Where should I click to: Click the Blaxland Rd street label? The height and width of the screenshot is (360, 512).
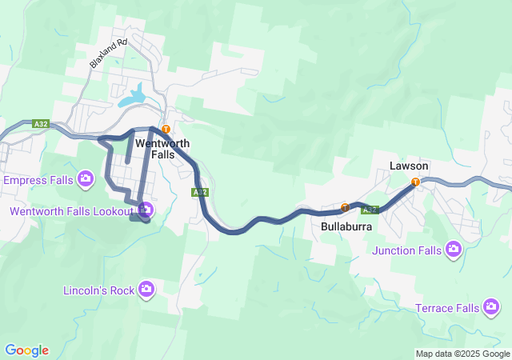point(109,54)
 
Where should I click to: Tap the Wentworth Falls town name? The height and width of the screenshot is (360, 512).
point(162,149)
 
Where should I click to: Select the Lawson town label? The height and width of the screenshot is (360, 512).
point(409,166)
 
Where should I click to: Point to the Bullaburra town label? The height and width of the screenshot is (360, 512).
point(348,226)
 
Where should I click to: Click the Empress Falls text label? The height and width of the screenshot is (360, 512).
point(39,180)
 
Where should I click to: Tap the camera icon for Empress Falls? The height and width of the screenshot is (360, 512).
point(85,178)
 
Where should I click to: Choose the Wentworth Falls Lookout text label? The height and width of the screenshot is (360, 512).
point(70,211)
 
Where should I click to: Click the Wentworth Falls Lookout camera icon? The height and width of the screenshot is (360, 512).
point(146,210)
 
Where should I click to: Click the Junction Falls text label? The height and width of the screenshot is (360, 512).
point(406,250)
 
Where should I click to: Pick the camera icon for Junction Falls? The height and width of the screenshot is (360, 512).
point(454,250)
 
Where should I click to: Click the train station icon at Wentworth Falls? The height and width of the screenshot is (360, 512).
point(166,129)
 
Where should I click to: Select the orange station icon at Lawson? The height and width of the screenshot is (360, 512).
point(415,182)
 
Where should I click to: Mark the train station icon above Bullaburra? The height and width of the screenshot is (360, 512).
point(345,207)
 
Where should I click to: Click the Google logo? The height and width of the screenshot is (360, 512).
point(26,350)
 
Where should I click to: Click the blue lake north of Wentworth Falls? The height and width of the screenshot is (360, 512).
point(134,96)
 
